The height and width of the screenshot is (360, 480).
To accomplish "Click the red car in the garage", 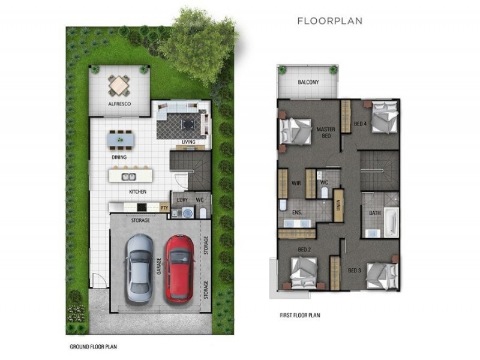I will pos(179,267).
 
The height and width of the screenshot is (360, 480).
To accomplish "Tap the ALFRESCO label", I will pos(119,104).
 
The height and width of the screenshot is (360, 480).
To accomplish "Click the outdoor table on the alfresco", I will pos(119,85).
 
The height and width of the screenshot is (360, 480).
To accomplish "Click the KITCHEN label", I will pos(137,192).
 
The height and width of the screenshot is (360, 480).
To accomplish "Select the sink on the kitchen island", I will pos(129,176).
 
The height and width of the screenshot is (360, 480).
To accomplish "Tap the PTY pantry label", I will pos(164,208).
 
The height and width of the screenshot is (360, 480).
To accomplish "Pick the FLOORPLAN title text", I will pos(329,21).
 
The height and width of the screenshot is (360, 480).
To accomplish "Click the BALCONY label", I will pos(308,83).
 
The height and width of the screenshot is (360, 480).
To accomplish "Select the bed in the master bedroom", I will pos(296,130).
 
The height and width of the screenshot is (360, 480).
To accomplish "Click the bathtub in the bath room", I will pos(391,221).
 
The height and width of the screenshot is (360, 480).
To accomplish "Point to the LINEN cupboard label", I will pos(338,205).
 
